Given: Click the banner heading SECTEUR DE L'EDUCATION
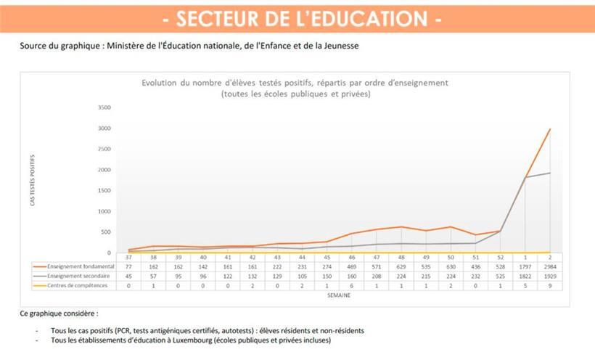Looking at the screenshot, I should (x=297, y=18).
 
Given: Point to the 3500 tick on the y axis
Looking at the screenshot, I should (x=104, y=107).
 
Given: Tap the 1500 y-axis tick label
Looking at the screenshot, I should (x=104, y=190).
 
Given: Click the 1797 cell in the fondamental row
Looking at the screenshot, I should (x=526, y=267).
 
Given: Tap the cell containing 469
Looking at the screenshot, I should (x=351, y=267).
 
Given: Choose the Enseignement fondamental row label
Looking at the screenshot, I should (x=78, y=267).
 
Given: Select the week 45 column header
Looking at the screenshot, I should (x=327, y=258).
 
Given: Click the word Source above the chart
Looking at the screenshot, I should (x=33, y=45).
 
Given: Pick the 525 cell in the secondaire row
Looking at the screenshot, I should (x=501, y=277).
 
